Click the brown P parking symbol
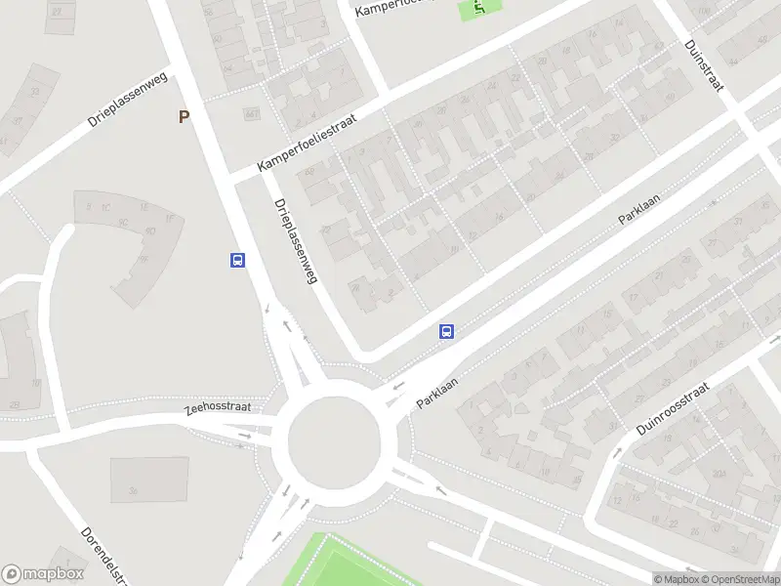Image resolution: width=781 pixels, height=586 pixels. [x=184, y=117]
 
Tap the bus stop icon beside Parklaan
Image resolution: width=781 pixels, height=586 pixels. [x=447, y=332]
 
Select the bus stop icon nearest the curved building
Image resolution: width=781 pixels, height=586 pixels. [x=237, y=260]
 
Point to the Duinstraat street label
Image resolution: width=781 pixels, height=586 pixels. [x=704, y=66]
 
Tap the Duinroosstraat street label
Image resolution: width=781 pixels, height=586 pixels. [x=673, y=408]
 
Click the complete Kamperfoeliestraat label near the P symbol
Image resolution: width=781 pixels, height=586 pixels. [x=308, y=143]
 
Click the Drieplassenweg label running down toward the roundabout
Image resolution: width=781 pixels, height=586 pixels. [x=297, y=241]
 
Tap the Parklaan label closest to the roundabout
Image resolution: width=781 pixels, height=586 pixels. [x=436, y=389]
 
